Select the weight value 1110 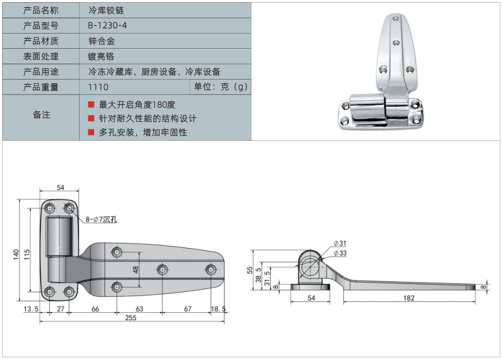98,87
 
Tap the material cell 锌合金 101,41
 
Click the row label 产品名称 41,10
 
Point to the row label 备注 41,115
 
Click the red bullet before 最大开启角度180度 91,104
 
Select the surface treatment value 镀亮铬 101,56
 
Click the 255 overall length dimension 131,318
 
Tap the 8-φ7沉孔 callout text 101,219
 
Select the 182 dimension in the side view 409,298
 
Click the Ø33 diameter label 340,253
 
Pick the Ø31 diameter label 340,243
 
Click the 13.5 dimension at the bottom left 31,309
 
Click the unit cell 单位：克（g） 220,87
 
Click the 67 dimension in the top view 187,309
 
